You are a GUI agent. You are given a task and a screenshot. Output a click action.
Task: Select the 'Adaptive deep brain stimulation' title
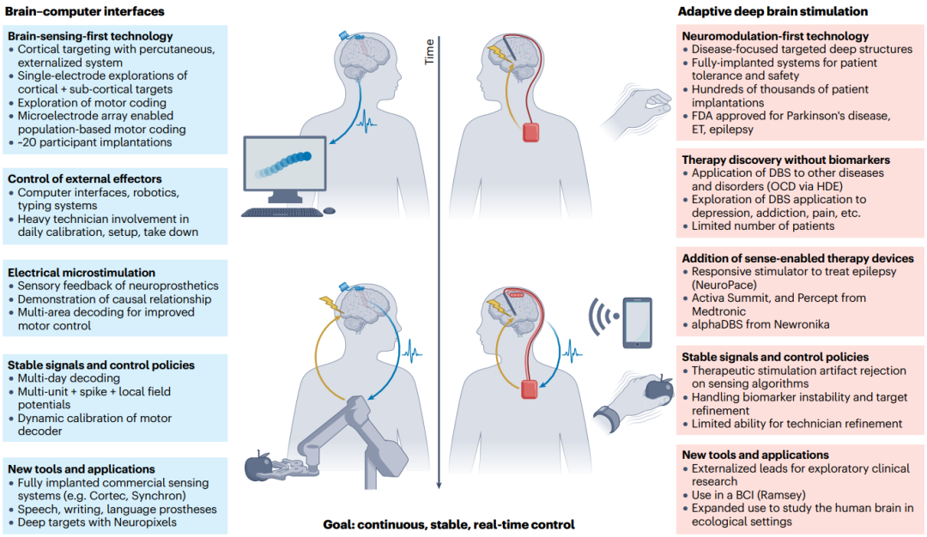tap(772, 11)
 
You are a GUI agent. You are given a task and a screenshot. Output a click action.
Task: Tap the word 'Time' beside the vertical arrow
tap(429, 53)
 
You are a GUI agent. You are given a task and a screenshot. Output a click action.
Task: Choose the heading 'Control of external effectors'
tap(86, 178)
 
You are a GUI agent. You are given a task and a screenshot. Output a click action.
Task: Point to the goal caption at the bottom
tap(448, 524)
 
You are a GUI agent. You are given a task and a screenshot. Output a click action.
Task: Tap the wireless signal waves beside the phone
tap(601, 319)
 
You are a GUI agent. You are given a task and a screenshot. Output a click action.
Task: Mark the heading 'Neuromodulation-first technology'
tap(775, 36)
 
